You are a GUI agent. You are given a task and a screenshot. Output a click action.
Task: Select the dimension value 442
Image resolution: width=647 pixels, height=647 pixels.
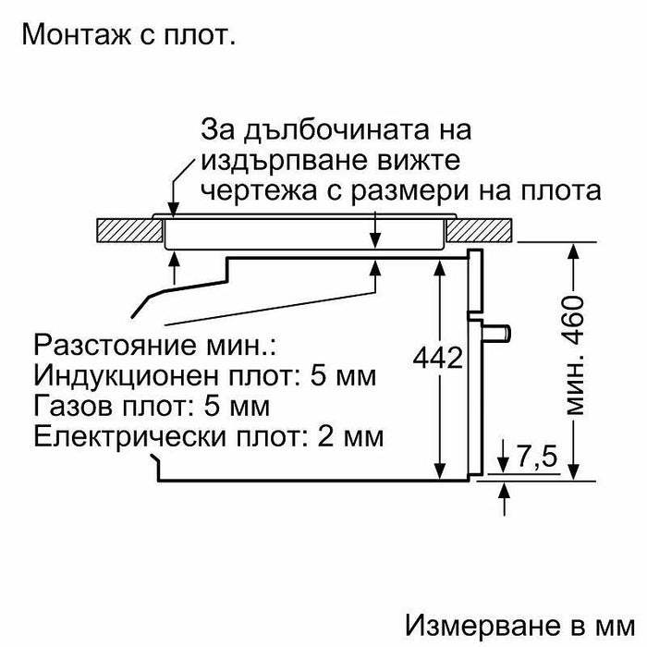(436, 358)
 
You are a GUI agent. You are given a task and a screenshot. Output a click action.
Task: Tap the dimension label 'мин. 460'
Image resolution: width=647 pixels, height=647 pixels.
(574, 360)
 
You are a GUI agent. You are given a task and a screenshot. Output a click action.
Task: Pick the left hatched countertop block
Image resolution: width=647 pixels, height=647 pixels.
(127, 229)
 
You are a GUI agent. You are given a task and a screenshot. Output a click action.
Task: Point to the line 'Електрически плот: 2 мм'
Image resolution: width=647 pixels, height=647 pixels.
(207, 433)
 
